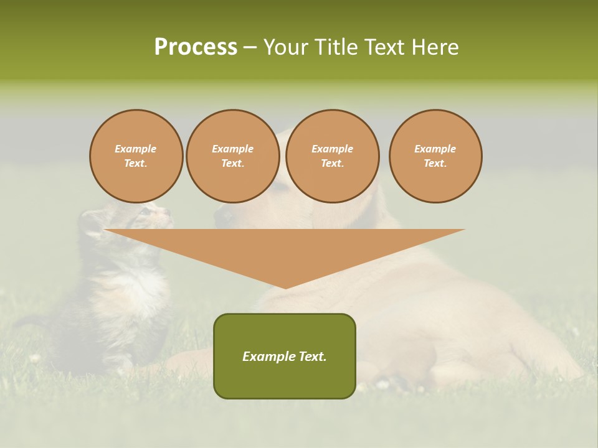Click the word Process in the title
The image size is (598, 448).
196,47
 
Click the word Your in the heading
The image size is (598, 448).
286,47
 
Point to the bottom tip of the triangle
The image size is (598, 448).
285,287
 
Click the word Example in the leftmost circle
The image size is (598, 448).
136,149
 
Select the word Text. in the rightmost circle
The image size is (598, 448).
435,163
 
